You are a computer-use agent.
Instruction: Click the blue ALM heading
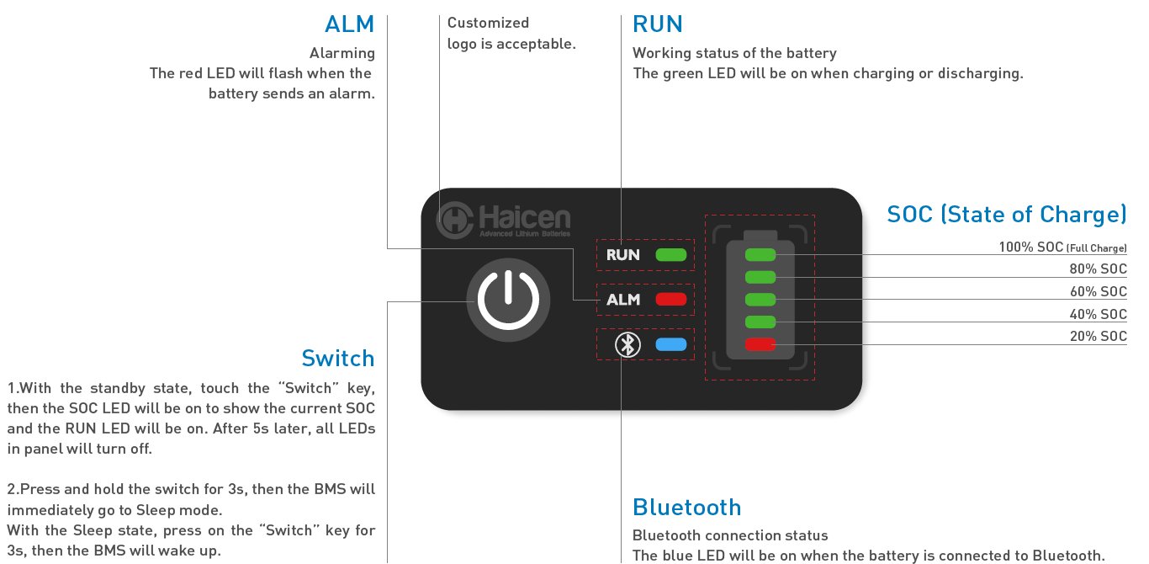[349, 24]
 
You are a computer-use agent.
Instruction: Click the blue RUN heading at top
[658, 24]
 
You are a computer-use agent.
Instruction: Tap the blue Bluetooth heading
[687, 507]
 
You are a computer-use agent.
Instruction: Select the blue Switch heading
[338, 358]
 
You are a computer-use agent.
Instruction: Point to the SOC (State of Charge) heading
[1007, 214]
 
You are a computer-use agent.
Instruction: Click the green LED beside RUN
[671, 254]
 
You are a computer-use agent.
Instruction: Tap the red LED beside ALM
[671, 299]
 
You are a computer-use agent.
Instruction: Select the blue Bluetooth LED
[671, 344]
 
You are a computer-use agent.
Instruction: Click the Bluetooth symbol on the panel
[627, 344]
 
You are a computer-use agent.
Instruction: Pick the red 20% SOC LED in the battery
[760, 344]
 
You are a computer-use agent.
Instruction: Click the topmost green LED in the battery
[760, 254]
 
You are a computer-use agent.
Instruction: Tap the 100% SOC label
[1063, 247]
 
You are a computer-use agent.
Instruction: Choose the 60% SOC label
[1099, 291]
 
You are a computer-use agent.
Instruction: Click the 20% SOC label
[1099, 336]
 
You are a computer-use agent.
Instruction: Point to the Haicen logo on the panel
[503, 220]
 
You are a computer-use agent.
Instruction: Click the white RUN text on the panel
[622, 254]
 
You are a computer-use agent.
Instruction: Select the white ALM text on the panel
[623, 299]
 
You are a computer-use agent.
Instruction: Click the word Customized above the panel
[488, 23]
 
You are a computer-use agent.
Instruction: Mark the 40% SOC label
[1099, 314]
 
